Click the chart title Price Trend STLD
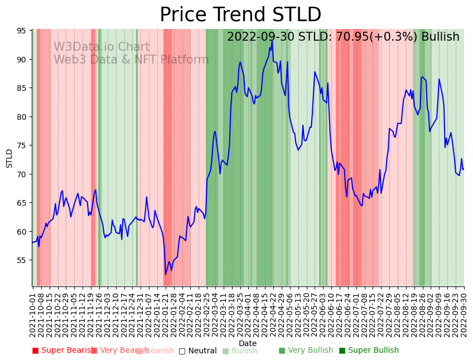[x=240, y=15]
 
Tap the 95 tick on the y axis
[x=23, y=31]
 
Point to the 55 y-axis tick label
[x=23, y=260]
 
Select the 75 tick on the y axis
[x=23, y=145]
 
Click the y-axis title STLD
[x=9, y=158]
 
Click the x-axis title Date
[x=248, y=344]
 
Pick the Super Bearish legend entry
[x=62, y=351]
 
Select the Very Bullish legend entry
[x=306, y=351]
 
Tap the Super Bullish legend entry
[x=369, y=351]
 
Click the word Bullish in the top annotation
[x=440, y=37]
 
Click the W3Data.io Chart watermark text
[x=102, y=47]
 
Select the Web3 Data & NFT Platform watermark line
[x=131, y=60]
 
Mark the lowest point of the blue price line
[x=165, y=274]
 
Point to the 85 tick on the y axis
[x=23, y=88]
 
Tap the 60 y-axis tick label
[x=23, y=231]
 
